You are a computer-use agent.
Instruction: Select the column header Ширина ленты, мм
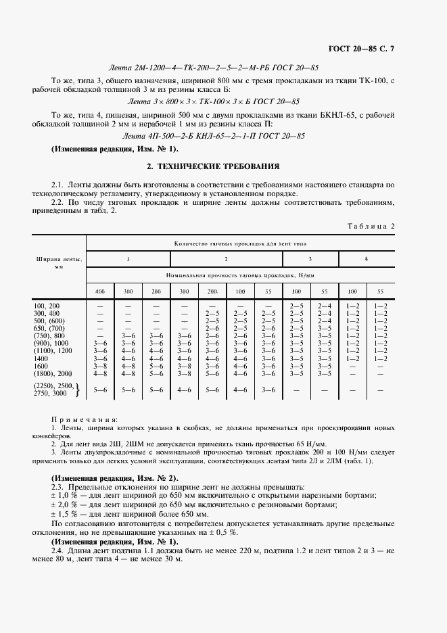59,263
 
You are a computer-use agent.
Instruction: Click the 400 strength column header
100,291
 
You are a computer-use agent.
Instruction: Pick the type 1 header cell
128,259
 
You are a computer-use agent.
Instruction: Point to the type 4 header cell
367,259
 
